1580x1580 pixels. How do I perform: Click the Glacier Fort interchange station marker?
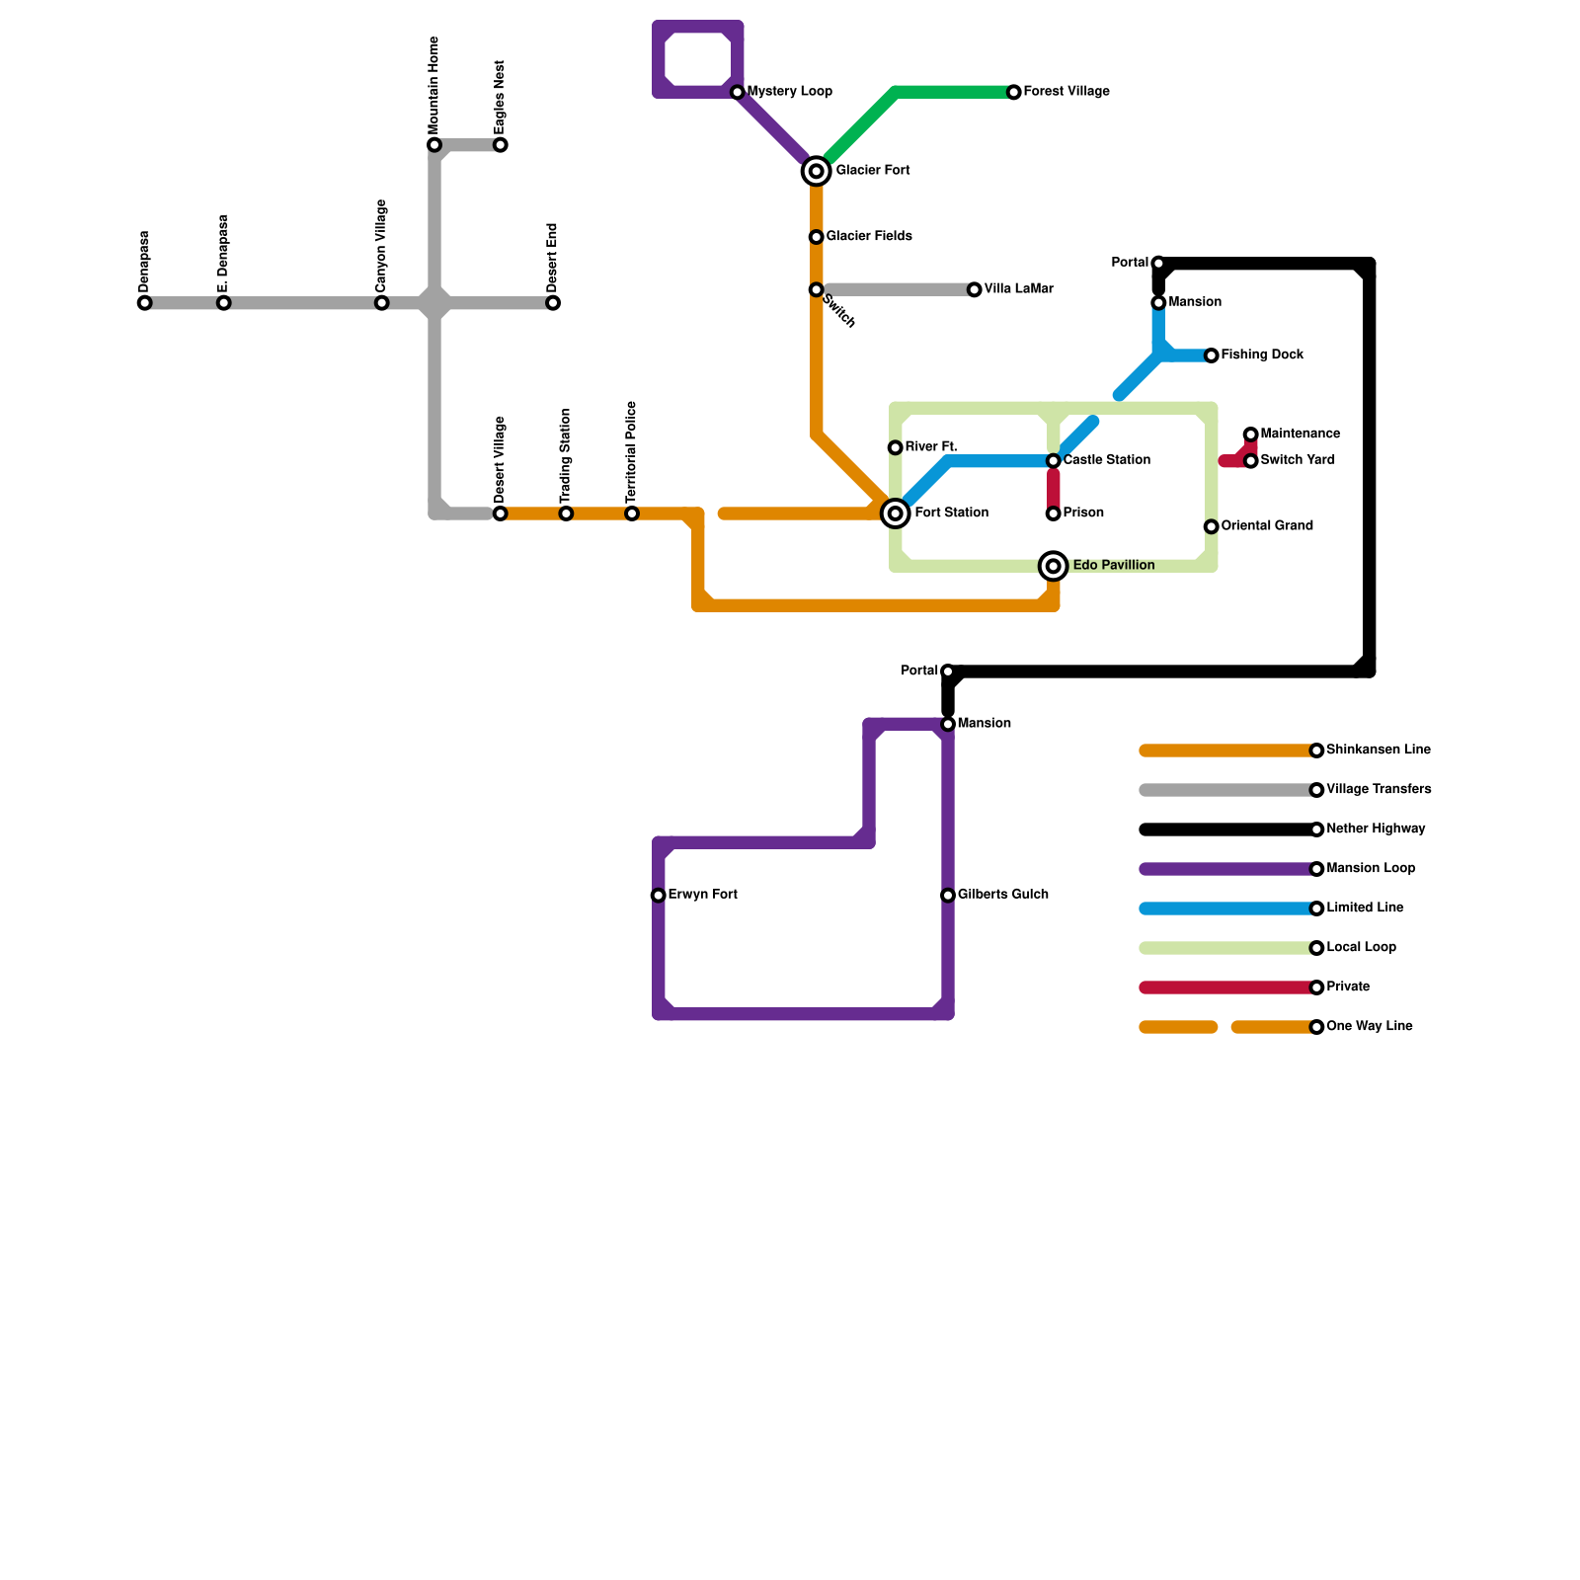[x=816, y=172]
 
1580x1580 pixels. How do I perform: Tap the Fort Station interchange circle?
[x=895, y=513]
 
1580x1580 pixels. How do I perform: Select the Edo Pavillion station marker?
[x=1054, y=566]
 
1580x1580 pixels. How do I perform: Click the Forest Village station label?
[x=1066, y=92]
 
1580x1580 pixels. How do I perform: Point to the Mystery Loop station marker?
[x=738, y=92]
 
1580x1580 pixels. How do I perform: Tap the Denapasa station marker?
[x=145, y=303]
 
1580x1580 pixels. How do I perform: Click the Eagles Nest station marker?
[x=501, y=145]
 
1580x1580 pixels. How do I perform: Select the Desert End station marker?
[x=553, y=303]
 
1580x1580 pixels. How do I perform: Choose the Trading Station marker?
[x=566, y=513]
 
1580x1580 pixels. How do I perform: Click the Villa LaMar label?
[x=1018, y=289]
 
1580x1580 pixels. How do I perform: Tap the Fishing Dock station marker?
[x=1212, y=355]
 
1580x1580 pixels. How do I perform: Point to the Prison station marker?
[x=1054, y=513]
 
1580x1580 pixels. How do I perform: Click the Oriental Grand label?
[x=1267, y=526]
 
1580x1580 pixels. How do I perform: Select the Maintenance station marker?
[x=1251, y=434]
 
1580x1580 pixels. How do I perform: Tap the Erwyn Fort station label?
[x=702, y=895]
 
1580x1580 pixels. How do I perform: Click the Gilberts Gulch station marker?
[x=948, y=896]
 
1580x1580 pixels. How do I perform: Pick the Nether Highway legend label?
[x=1376, y=829]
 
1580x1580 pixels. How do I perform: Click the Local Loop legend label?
[x=1361, y=948]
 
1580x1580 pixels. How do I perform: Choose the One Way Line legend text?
[x=1369, y=1027]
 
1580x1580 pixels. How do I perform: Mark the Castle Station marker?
[x=1054, y=461]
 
